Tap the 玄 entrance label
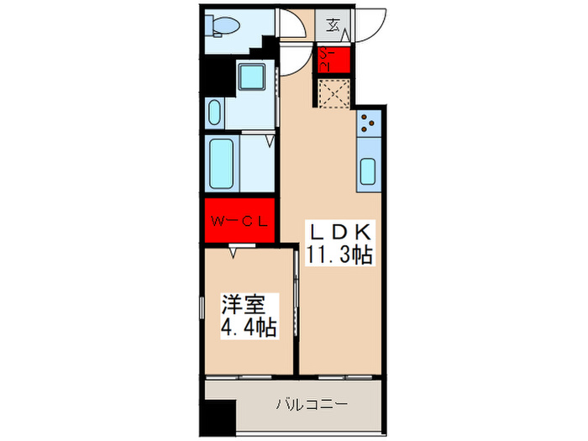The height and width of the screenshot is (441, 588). click(x=333, y=24)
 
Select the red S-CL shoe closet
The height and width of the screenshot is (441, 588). click(x=334, y=60)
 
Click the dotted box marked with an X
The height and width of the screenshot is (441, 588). click(x=334, y=93)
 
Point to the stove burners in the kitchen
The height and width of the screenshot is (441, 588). click(x=369, y=123)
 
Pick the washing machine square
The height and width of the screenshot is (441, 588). click(x=251, y=76)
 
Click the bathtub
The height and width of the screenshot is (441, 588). click(x=223, y=163)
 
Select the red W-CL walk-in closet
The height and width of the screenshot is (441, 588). click(x=239, y=222)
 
